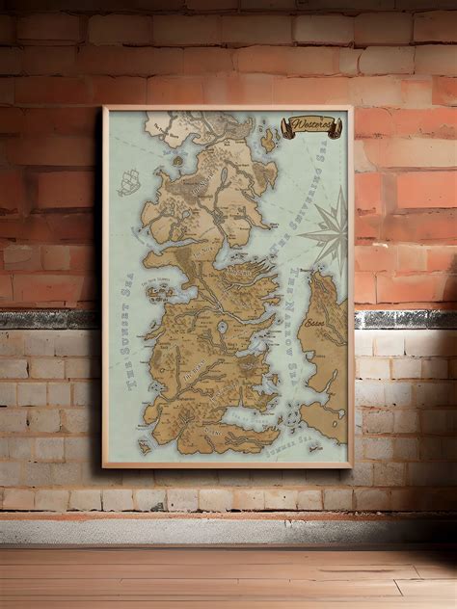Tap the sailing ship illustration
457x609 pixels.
point(129,182)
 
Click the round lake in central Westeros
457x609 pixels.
point(223,327)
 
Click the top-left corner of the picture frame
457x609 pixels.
point(104,108)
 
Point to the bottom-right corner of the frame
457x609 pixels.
point(353,466)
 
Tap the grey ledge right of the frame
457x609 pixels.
point(405,318)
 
